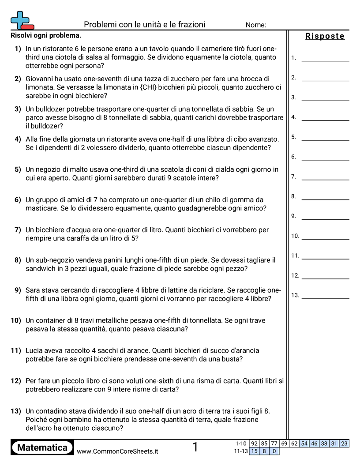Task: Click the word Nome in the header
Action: pos(256,25)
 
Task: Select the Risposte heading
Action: pos(325,36)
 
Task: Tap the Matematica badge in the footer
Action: pos(42,447)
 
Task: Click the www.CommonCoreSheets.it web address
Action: pos(117,451)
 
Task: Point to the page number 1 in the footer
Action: pos(195,447)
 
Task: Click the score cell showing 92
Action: pos(254,443)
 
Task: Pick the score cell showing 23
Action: pos(344,443)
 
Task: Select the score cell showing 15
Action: pos(254,451)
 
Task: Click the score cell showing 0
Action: pos(274,451)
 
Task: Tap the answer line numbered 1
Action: pos(325,60)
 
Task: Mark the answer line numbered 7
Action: pos(325,179)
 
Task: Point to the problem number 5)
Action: pos(18,169)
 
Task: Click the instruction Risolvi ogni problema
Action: pos(46,36)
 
